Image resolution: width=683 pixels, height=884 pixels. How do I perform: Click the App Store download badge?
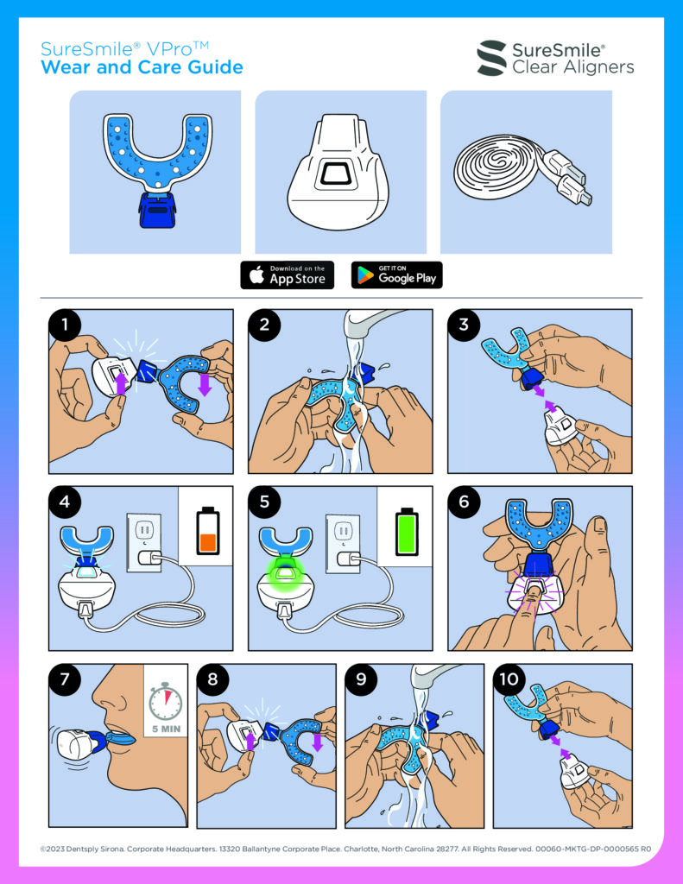[x=287, y=275]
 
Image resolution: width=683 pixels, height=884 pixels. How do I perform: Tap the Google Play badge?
[x=396, y=275]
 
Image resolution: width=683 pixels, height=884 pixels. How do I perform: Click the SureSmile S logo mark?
[x=492, y=58]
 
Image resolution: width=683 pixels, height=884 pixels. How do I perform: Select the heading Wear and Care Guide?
[x=142, y=67]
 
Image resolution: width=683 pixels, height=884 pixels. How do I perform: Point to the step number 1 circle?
[x=65, y=325]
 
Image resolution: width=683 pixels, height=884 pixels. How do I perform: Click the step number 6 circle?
[x=465, y=502]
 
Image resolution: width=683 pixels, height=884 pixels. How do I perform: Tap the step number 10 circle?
[x=509, y=679]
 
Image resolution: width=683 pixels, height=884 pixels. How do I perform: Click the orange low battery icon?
[x=207, y=531]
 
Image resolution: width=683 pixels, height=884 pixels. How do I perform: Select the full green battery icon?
[x=407, y=531]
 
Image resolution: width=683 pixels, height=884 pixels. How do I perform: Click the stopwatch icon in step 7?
[x=165, y=701]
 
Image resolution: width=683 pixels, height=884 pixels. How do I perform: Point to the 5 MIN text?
[x=167, y=729]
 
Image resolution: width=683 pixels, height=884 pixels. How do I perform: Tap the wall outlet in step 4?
[x=143, y=542]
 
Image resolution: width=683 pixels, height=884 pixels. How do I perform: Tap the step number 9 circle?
[x=362, y=679]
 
